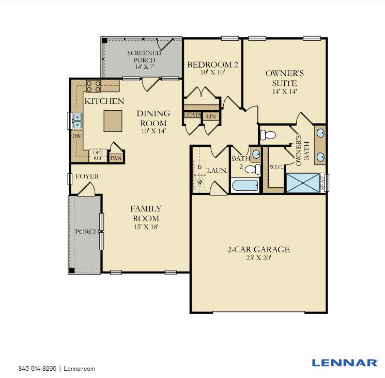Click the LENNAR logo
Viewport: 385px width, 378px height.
(344, 362)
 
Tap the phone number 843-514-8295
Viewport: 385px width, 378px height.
(38, 369)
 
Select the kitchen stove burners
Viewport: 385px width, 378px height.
(94, 85)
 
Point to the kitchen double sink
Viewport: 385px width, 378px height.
(77, 120)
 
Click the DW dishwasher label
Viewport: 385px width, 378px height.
(76, 137)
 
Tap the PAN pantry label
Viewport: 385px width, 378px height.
(115, 157)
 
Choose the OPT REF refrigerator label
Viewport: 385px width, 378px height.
(97, 155)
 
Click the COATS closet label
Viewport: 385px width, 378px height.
(192, 115)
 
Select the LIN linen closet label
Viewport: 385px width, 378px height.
(210, 117)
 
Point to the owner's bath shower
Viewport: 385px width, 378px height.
(303, 183)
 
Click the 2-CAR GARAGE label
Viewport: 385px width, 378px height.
(258, 250)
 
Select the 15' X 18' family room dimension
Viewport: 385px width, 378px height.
(145, 226)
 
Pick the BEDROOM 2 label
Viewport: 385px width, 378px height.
(212, 65)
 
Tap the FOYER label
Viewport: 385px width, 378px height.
(87, 176)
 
